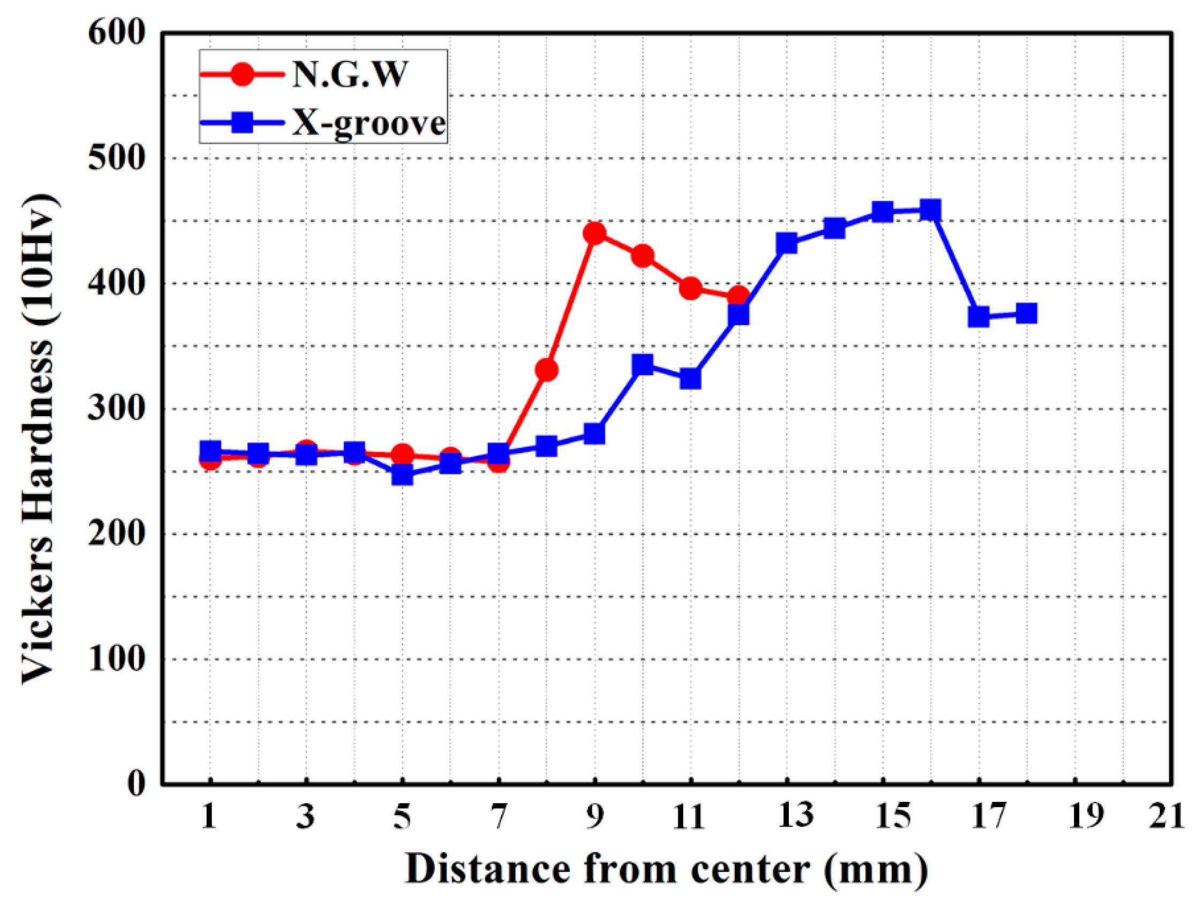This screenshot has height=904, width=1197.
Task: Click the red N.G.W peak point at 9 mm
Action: pyautogui.click(x=594, y=233)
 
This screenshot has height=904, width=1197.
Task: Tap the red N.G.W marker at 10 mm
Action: pyautogui.click(x=642, y=255)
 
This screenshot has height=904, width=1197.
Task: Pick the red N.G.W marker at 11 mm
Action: pyautogui.click(x=690, y=288)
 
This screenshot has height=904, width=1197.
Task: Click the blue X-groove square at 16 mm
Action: pyautogui.click(x=930, y=210)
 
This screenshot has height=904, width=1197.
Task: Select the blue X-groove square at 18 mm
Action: pyautogui.click(x=1026, y=313)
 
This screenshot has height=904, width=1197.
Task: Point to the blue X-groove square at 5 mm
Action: pyautogui.click(x=402, y=475)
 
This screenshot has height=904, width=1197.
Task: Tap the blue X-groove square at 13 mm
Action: pyautogui.click(x=786, y=243)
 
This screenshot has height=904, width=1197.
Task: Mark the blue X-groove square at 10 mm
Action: pyautogui.click(x=642, y=365)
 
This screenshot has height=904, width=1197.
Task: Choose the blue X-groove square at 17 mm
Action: pyautogui.click(x=978, y=317)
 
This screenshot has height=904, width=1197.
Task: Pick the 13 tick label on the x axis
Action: pyautogui.click(x=795, y=815)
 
